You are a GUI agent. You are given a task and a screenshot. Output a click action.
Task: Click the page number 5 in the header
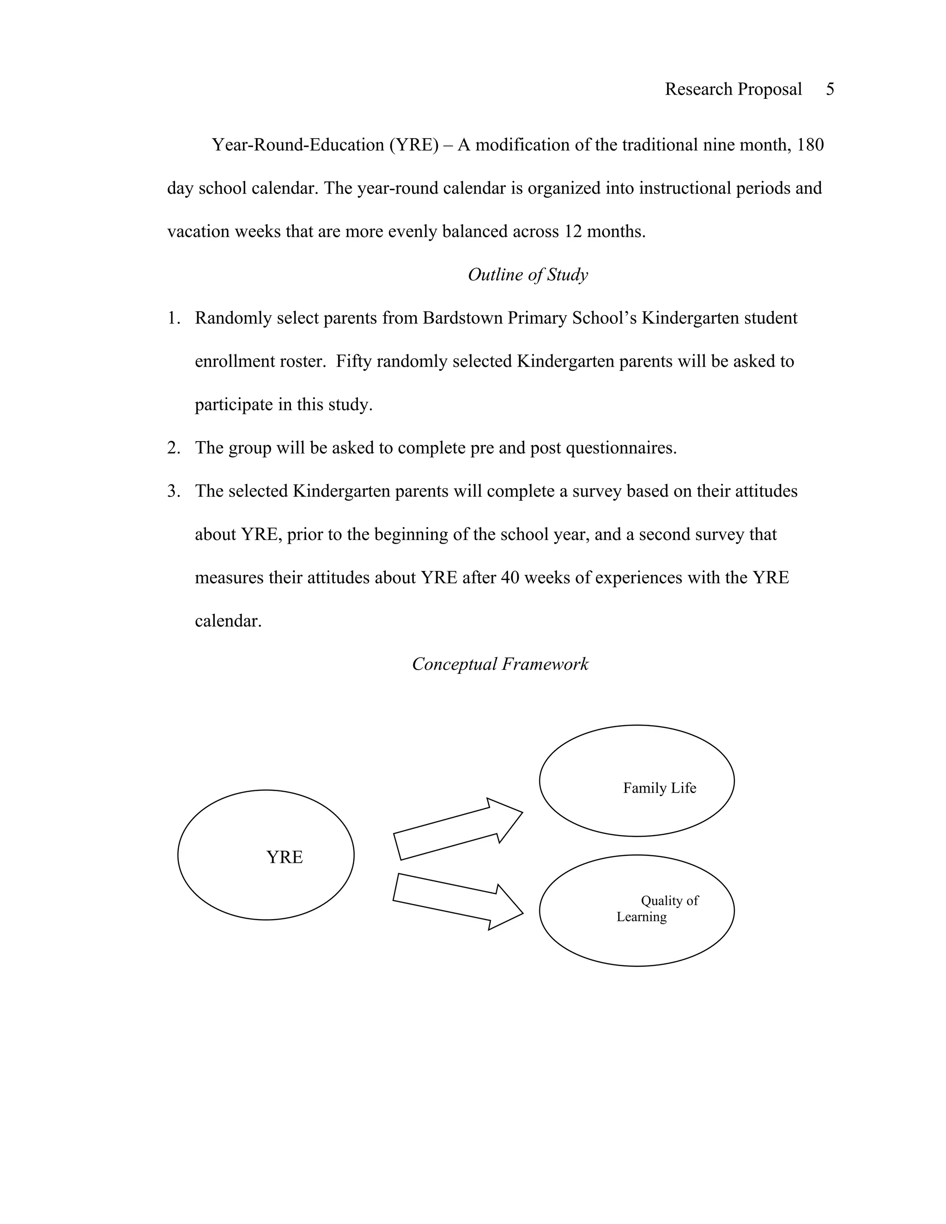(x=830, y=89)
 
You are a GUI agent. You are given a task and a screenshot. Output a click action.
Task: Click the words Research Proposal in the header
(x=733, y=89)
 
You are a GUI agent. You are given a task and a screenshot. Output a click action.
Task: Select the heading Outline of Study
(x=528, y=275)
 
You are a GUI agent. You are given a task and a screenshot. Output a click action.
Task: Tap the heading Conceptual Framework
(x=500, y=664)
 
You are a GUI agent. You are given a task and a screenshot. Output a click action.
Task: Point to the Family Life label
(x=659, y=788)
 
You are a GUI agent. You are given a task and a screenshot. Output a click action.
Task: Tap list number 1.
(x=173, y=318)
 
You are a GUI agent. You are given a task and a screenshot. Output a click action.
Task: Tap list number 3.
(x=173, y=491)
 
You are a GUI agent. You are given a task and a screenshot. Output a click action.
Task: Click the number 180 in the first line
(x=810, y=145)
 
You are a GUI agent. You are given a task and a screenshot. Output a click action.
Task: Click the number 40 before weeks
(x=510, y=578)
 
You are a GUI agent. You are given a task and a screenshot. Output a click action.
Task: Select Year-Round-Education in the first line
(x=297, y=145)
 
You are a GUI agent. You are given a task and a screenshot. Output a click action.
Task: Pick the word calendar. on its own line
(x=228, y=621)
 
